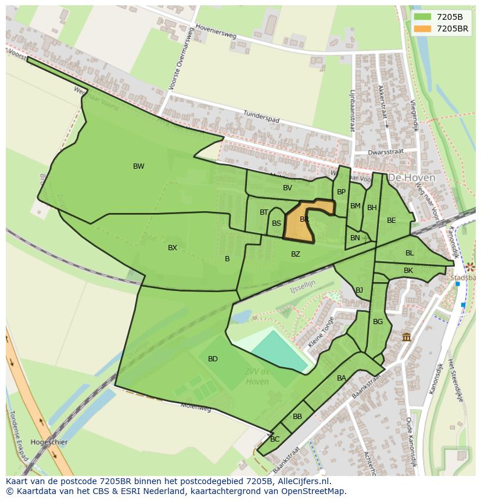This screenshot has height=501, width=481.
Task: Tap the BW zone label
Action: pyautogui.click(x=138, y=166)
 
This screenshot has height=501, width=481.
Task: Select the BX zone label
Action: pyautogui.click(x=173, y=248)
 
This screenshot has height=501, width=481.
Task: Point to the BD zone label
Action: pyautogui.click(x=213, y=359)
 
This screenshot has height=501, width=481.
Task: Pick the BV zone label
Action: pyautogui.click(x=288, y=188)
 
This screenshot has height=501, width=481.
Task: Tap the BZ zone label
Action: pyautogui.click(x=296, y=254)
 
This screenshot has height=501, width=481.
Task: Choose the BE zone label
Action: pyautogui.click(x=392, y=221)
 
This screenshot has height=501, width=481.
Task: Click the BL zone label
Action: pyautogui.click(x=410, y=253)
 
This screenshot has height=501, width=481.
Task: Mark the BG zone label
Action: pyautogui.click(x=378, y=322)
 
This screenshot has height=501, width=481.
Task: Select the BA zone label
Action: pyautogui.click(x=342, y=378)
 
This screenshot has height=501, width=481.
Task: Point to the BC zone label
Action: pyautogui.click(x=275, y=439)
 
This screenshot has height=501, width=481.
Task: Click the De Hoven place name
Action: pyautogui.click(x=411, y=177)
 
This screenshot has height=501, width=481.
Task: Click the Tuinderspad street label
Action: pyautogui.click(x=261, y=116)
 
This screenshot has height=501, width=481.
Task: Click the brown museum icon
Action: pyautogui.click(x=407, y=337)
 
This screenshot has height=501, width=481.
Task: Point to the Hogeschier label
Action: pyautogui.click(x=49, y=442)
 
